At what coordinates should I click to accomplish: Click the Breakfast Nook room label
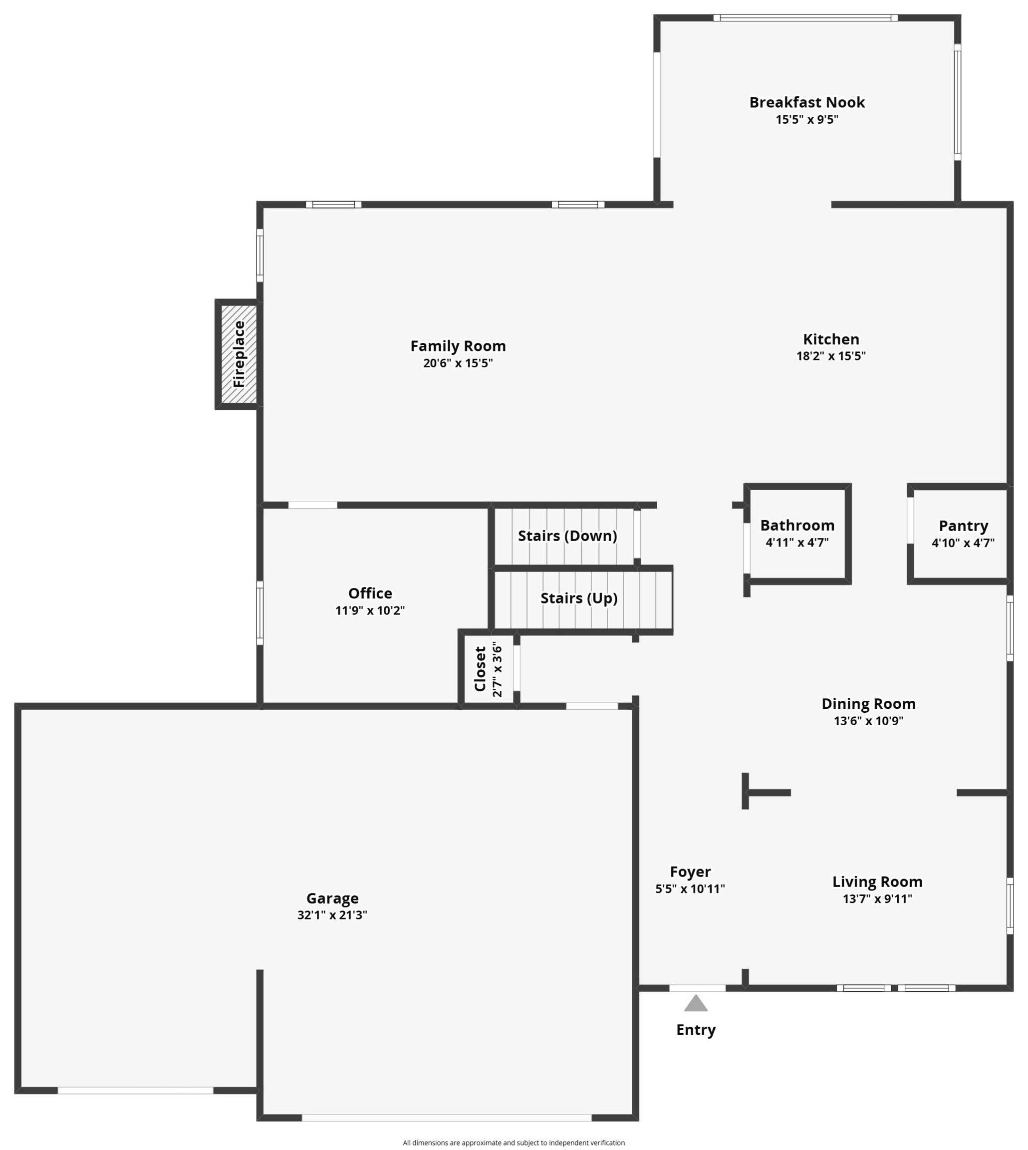tap(806, 102)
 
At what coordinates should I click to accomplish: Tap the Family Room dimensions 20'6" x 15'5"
tap(458, 363)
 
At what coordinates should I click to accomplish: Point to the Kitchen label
tap(831, 339)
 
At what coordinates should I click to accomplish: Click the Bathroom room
tap(797, 533)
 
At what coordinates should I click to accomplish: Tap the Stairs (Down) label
tap(567, 536)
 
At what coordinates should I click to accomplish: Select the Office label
tap(370, 593)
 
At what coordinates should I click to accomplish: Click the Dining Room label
tap(868, 704)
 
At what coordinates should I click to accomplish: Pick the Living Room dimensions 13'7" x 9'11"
tap(877, 898)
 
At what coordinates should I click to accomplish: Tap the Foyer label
tap(690, 872)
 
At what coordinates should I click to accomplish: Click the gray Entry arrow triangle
tap(696, 1004)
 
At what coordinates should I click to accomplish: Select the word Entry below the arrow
tap(696, 1030)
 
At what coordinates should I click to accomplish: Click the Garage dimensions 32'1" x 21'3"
tap(332, 915)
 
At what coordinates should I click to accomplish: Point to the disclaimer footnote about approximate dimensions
tap(514, 1143)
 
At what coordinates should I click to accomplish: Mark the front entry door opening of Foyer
tap(698, 988)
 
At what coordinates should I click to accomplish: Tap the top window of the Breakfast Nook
tap(805, 18)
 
